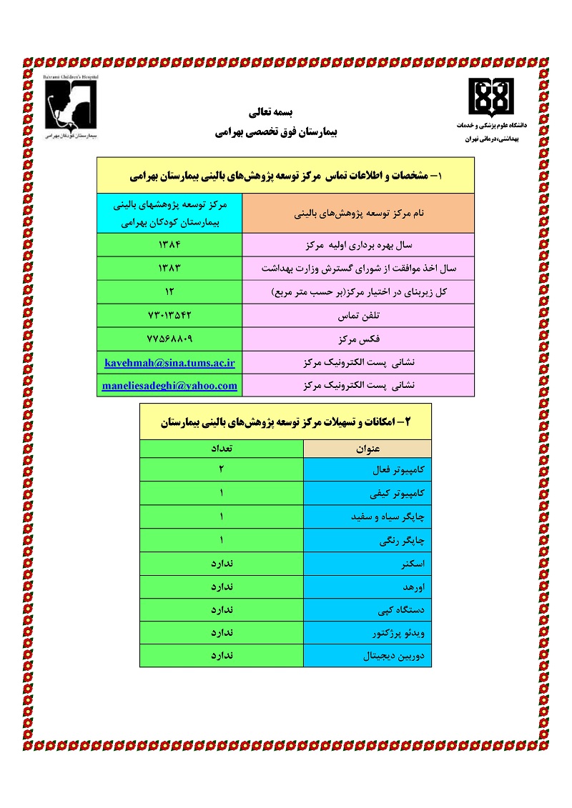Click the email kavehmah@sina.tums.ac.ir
point(169,362)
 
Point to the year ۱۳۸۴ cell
point(169,245)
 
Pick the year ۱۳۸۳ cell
point(169,269)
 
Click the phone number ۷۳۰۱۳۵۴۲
point(169,315)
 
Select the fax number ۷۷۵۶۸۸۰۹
point(169,339)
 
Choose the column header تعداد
point(222,449)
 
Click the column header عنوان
point(368,449)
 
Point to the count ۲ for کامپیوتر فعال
point(222,470)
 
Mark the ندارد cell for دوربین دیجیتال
point(222,654)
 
